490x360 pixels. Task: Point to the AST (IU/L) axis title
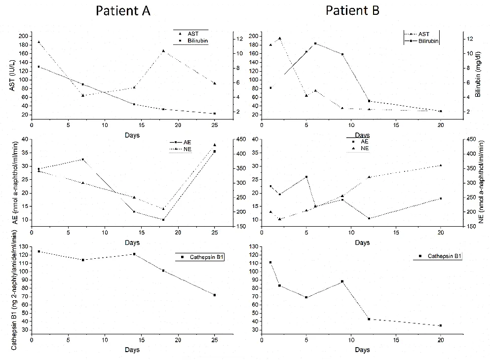coord(10,74)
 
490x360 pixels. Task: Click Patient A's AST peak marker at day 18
coord(163,51)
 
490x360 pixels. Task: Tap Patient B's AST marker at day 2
coord(280,38)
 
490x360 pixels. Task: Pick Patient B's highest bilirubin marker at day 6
coord(315,43)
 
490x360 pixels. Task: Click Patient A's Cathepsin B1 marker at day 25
coord(214,295)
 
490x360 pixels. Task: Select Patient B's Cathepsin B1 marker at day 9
coord(342,281)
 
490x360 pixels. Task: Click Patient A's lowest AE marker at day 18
coord(163,220)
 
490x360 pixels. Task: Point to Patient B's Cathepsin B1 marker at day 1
coord(270,262)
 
